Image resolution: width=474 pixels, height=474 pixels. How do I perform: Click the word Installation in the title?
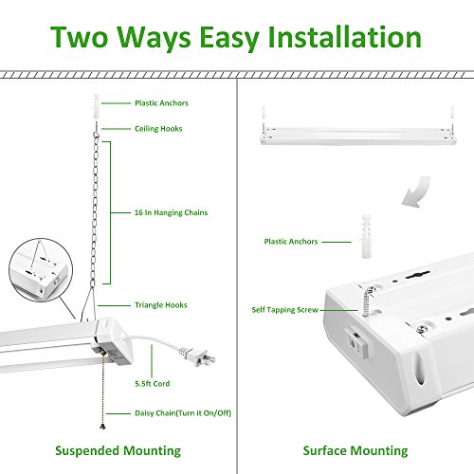pyautogui.click(x=344, y=37)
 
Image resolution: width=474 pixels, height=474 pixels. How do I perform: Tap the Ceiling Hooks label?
pyautogui.click(x=158, y=129)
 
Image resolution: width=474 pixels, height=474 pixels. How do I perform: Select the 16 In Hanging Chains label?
pyautogui.click(x=171, y=212)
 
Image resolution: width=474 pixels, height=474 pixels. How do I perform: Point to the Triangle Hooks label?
pyautogui.click(x=161, y=305)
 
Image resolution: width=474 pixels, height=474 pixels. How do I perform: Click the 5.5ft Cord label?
pyautogui.click(x=153, y=384)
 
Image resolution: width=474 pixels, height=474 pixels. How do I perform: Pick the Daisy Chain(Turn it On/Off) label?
pyautogui.click(x=183, y=413)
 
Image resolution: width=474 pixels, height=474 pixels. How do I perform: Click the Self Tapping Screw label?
pyautogui.click(x=284, y=310)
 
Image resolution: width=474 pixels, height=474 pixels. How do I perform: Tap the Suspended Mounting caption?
pyautogui.click(x=118, y=451)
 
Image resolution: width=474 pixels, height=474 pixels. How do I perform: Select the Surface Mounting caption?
pyautogui.click(x=355, y=451)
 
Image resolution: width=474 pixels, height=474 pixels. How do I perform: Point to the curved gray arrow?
pyautogui.click(x=416, y=191)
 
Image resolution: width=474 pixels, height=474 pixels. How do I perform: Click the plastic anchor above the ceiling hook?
pyautogui.click(x=97, y=106)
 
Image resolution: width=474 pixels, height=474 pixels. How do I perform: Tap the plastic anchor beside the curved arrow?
pyautogui.click(x=366, y=236)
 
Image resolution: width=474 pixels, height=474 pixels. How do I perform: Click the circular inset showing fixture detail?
pyautogui.click(x=41, y=270)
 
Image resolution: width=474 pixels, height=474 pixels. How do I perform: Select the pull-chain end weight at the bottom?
pyautogui.click(x=102, y=427)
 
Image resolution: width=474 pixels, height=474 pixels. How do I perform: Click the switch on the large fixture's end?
pyautogui.click(x=356, y=342)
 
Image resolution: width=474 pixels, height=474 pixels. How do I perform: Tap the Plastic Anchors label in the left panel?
pyautogui.click(x=161, y=103)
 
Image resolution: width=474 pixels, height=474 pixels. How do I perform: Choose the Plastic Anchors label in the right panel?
pyautogui.click(x=291, y=242)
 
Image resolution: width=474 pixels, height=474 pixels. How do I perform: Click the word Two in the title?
pyautogui.click(x=79, y=37)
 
